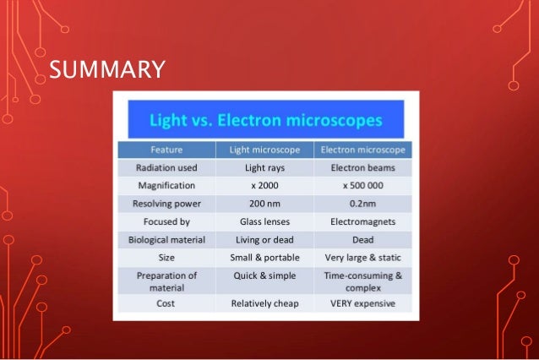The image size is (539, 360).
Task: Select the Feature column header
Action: pyautogui.click(x=166, y=150)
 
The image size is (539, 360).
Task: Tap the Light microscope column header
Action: pyautogui.click(x=267, y=150)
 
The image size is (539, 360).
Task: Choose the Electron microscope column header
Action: pyautogui.click(x=364, y=150)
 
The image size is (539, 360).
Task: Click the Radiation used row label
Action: pyautogui.click(x=166, y=167)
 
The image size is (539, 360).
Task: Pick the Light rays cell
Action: pyautogui.click(x=267, y=167)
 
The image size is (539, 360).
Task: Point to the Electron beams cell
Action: pyautogui.click(x=364, y=167)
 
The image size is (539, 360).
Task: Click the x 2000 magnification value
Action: pyautogui.click(x=267, y=185)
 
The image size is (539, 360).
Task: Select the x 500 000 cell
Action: pyautogui.click(x=364, y=185)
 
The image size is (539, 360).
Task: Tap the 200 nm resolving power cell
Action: pyautogui.click(x=267, y=203)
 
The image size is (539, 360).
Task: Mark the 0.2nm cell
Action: pyautogui.click(x=364, y=203)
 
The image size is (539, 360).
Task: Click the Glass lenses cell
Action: pyautogui.click(x=267, y=221)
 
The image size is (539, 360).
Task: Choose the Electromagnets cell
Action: pyautogui.click(x=364, y=221)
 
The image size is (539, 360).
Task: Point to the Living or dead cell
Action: pyautogui.click(x=267, y=239)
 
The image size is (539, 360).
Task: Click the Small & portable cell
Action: pyautogui.click(x=267, y=257)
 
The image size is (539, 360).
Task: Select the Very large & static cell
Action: pyautogui.click(x=364, y=257)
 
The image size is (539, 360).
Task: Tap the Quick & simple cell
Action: pyautogui.click(x=267, y=275)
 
